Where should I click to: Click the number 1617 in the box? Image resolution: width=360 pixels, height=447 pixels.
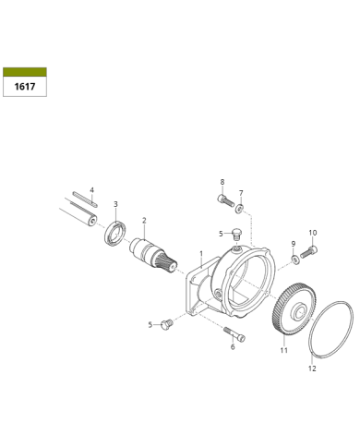pos(25,87)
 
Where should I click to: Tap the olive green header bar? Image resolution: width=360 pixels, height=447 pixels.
pos(25,72)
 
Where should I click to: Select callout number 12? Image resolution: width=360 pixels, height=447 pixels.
pos(312,368)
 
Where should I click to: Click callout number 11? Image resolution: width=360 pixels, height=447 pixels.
pos(283,350)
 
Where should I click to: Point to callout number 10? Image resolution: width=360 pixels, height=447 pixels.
pos(313,233)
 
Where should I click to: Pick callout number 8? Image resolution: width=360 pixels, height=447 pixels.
pos(222,182)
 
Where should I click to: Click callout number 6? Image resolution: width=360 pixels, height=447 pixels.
pos(233,347)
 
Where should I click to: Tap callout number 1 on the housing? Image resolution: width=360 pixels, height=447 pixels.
pos(201,254)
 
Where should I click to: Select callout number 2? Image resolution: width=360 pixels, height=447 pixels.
pos(144,221)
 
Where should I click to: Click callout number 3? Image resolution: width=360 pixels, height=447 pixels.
pos(115,204)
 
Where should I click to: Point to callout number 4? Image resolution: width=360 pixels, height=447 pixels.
pos(91,190)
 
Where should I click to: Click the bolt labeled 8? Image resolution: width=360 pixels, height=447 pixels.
pos(225,200)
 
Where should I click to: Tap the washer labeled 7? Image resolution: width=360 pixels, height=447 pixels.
pos(239,209)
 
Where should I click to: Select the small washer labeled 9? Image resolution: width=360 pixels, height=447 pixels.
pos(294,260)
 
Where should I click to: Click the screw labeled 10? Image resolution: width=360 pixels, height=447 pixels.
pos(308,251)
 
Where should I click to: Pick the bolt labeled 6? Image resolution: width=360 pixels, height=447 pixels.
pos(234,334)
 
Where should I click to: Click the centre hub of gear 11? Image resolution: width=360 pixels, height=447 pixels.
pos(299,311)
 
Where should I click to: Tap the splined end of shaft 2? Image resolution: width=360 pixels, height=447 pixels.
pos(166,265)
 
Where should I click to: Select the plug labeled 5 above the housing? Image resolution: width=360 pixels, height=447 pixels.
pos(236,234)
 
